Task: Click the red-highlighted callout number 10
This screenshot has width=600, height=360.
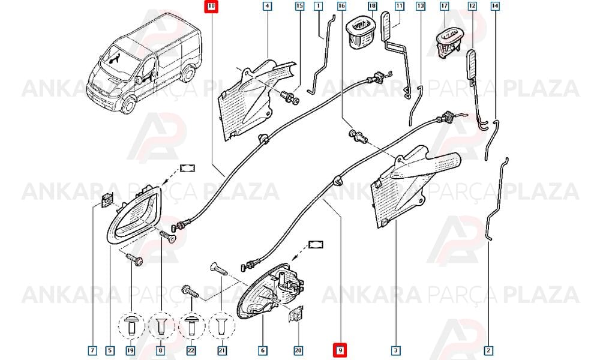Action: point(211,7)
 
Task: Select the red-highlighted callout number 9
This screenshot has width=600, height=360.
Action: point(340,350)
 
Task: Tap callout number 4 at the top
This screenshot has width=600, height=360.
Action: point(267,6)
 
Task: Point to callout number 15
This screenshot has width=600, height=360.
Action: point(299,6)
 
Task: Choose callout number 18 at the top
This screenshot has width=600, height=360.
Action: point(372,6)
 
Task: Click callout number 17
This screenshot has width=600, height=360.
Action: point(444,6)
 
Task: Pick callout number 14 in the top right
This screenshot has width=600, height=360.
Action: point(495,6)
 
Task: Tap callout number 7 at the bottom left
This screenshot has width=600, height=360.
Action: point(92,350)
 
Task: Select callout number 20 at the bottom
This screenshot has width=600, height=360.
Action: point(298,350)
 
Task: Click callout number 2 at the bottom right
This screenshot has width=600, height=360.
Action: point(488,350)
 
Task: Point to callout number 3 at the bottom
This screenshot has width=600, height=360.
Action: point(395,350)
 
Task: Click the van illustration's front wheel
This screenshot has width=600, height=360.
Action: point(128,105)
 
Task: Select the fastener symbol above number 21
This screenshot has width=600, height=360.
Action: point(222,326)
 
